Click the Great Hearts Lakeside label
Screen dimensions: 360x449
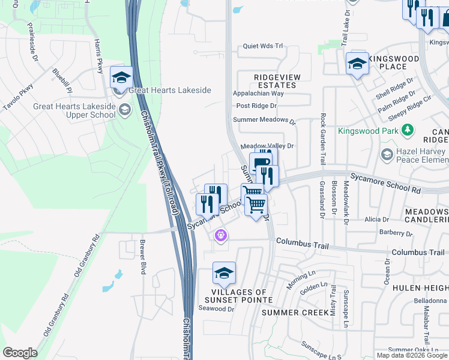click(170, 90)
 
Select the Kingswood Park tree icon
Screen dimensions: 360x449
click(408, 130)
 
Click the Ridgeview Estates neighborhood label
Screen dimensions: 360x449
click(275, 81)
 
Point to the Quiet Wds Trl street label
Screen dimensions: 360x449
click(262, 46)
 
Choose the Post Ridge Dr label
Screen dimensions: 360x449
click(256, 106)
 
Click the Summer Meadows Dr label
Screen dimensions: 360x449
click(265, 120)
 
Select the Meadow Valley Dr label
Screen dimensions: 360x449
click(267, 146)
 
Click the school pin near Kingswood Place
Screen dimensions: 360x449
click(357, 64)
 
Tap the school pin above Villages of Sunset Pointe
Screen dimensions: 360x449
click(224, 274)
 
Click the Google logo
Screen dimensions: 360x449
click(20, 353)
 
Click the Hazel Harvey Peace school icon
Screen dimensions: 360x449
click(387, 155)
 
